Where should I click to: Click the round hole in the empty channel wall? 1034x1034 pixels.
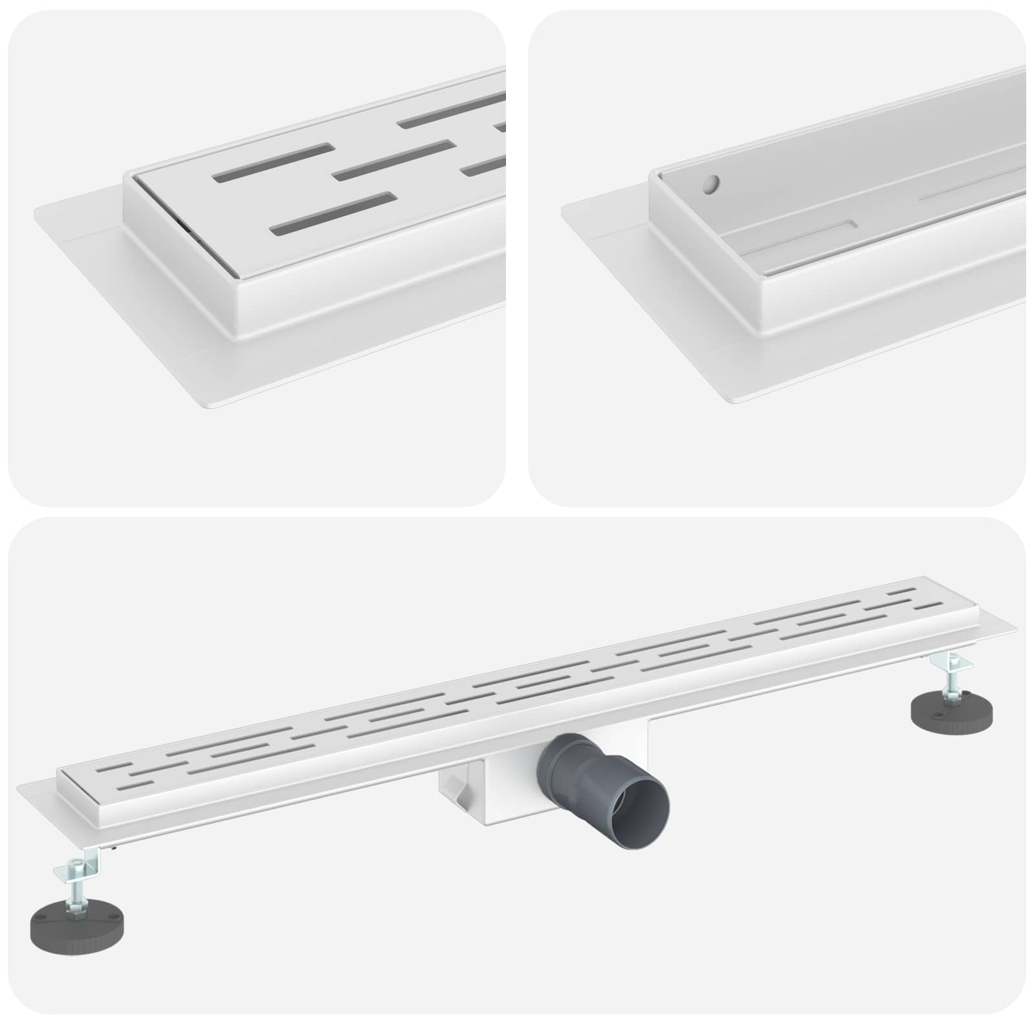712,184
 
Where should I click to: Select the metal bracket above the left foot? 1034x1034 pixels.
84,863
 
